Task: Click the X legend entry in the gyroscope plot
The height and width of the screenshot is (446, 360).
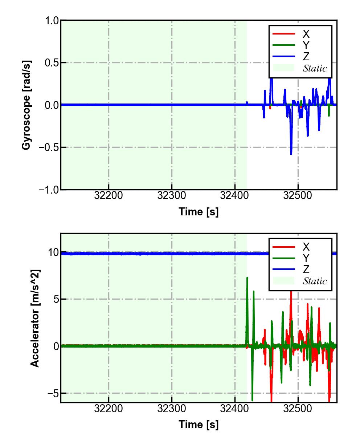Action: (x=306, y=34)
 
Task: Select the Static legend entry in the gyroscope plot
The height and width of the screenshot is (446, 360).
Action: (x=315, y=68)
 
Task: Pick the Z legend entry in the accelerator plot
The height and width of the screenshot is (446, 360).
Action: (x=306, y=269)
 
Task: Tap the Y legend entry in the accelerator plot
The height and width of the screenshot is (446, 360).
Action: (x=306, y=258)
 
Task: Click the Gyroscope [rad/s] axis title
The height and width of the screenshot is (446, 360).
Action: (x=26, y=105)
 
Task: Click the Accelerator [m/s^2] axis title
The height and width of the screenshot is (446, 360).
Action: (x=35, y=318)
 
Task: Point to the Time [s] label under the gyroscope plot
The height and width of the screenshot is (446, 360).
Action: (x=199, y=211)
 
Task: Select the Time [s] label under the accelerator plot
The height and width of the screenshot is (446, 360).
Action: (x=199, y=424)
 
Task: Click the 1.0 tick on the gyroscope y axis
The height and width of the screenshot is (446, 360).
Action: (x=52, y=21)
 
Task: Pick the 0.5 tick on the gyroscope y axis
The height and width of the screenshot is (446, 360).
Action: (x=52, y=63)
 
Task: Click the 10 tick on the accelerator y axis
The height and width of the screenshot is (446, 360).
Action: (x=53, y=252)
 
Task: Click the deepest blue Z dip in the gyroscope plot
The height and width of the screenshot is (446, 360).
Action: (x=291, y=154)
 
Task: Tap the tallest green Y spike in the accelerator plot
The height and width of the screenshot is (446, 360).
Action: (x=247, y=278)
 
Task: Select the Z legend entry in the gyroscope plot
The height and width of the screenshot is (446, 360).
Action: (x=306, y=56)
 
